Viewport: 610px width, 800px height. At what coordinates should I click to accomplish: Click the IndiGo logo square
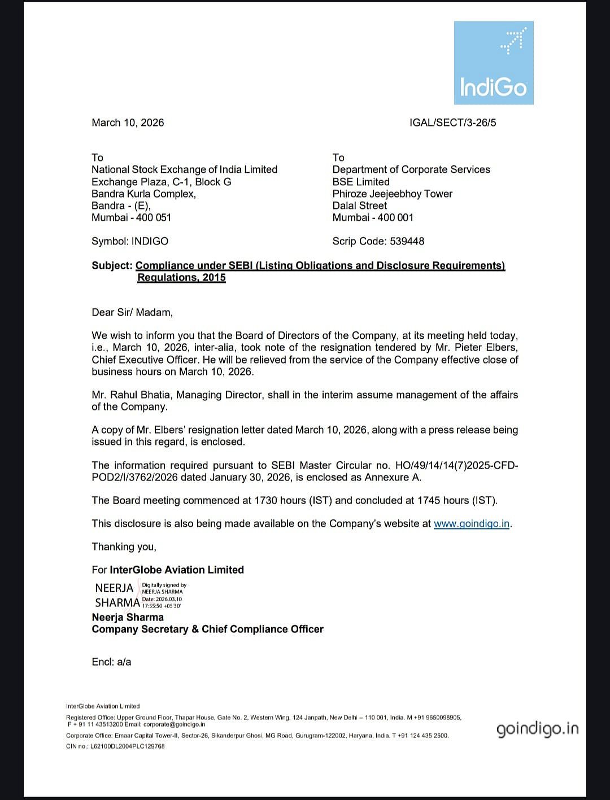(x=494, y=63)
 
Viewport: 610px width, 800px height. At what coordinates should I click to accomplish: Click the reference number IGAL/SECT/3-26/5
(x=452, y=123)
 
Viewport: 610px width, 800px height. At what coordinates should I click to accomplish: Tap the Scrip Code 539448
(x=378, y=241)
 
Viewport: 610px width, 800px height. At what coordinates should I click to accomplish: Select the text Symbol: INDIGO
(x=130, y=241)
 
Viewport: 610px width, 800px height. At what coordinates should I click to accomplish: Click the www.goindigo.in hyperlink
(x=471, y=523)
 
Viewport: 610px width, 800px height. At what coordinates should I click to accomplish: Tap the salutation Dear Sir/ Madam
(x=132, y=312)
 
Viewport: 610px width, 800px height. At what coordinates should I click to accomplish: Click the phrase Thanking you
(x=124, y=547)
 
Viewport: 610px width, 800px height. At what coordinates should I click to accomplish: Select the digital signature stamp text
(x=163, y=595)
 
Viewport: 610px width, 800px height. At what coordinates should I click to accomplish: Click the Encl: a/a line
(x=111, y=662)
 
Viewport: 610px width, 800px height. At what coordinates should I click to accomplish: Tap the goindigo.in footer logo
(x=537, y=729)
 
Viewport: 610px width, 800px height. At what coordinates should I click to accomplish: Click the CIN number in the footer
(x=115, y=746)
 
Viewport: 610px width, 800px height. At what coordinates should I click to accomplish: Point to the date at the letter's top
(x=128, y=123)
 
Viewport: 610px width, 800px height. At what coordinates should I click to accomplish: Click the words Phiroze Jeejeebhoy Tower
(x=392, y=194)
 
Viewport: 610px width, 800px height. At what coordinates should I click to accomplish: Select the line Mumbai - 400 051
(x=131, y=217)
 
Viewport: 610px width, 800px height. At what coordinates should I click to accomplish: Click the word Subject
(x=112, y=265)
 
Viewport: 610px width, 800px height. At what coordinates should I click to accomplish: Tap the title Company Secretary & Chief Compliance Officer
(x=207, y=629)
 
